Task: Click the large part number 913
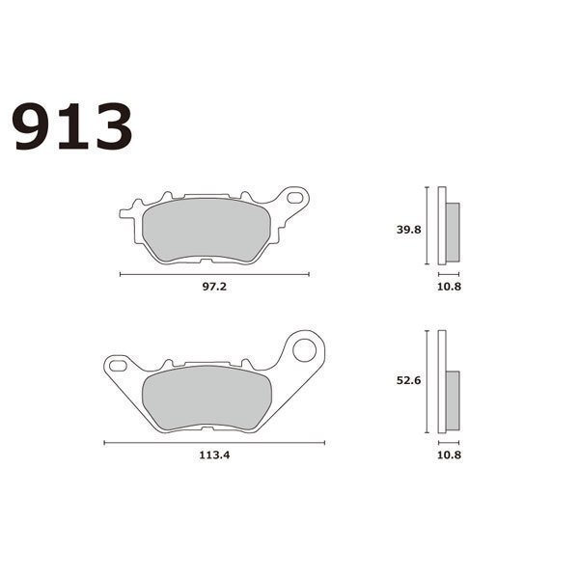pos(72,126)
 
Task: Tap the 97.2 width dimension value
pos(214,287)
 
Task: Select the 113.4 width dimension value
pos(214,455)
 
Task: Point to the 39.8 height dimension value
pos(409,230)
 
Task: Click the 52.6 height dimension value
pos(409,380)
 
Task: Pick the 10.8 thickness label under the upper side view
pos(449,287)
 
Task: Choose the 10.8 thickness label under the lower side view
pos(449,455)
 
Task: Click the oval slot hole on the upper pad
pos(294,198)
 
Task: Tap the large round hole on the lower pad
pos(305,350)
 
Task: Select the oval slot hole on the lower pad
pos(118,366)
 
